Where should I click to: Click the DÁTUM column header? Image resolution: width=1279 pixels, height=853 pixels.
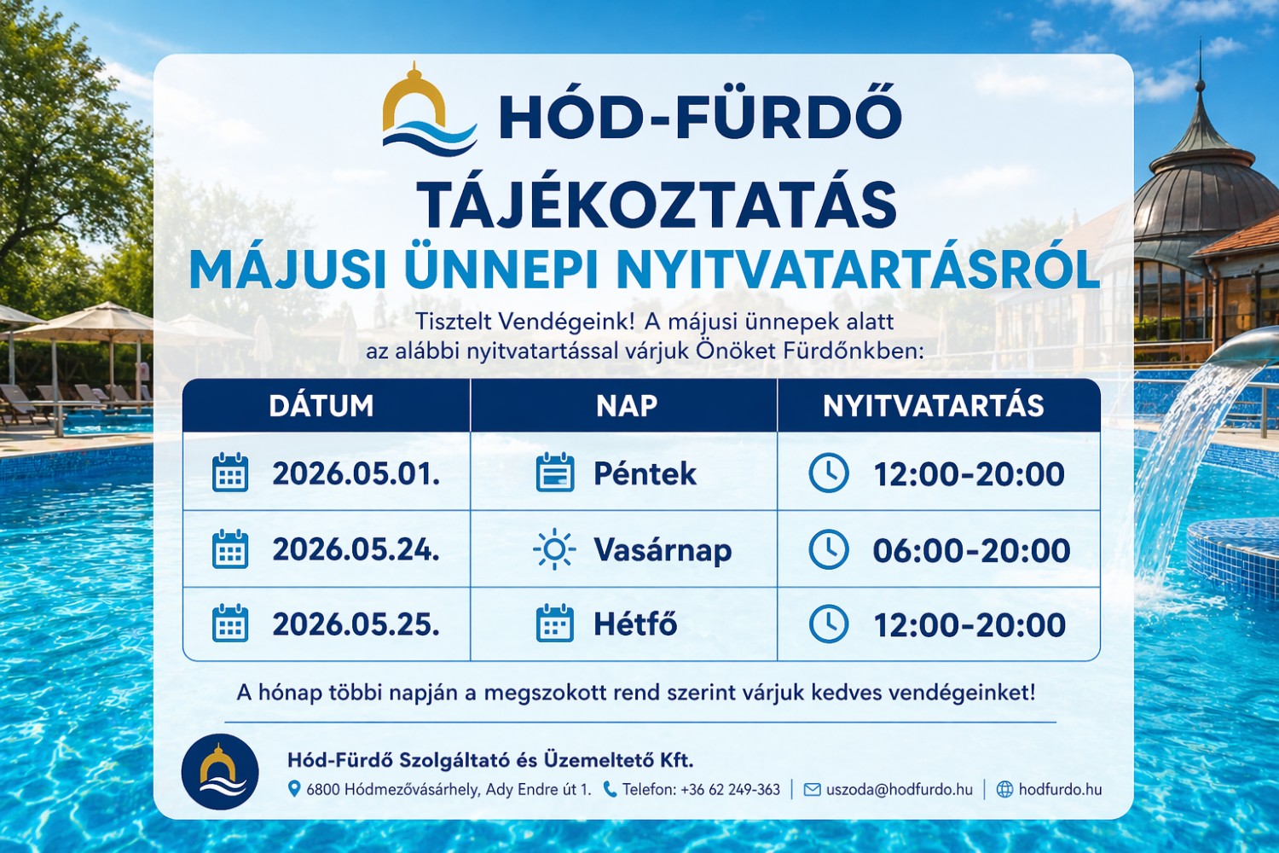321,405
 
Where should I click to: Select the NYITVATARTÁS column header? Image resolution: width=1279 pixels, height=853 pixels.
933,405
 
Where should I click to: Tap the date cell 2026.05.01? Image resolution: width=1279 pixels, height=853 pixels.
356,473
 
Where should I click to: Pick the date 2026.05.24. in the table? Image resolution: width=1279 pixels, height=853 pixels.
356,549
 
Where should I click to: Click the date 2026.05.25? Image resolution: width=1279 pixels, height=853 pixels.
356,624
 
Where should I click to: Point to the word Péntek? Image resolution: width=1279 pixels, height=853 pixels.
645,473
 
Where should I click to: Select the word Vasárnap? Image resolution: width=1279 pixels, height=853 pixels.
663,550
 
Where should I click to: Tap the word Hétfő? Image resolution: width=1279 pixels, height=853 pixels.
635,624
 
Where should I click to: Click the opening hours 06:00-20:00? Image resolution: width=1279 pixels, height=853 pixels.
971,550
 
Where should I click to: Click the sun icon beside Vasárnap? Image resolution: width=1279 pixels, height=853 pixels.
554,549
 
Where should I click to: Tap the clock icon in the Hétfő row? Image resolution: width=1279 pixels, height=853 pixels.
828,624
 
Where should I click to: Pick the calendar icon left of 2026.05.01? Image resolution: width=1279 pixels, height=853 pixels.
230,473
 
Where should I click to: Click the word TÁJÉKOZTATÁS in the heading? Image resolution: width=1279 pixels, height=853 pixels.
657,205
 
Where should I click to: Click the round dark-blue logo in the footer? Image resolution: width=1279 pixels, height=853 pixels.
220,771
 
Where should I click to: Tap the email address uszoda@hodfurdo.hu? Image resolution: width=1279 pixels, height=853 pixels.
899,790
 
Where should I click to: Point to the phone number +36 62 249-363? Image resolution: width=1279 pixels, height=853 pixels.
730,790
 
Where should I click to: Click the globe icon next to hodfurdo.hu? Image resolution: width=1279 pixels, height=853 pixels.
1005,790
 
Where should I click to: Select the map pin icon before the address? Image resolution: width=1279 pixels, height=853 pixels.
294,789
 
